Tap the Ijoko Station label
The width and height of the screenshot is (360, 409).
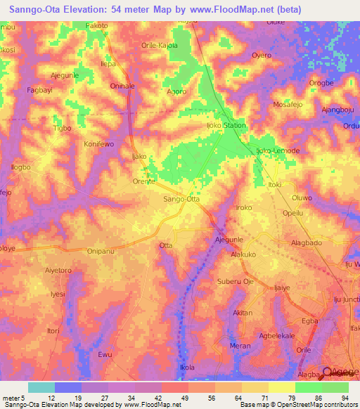[x=226, y=126]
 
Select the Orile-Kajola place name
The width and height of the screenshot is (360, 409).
[x=160, y=46]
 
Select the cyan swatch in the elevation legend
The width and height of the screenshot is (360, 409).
[x=41, y=387]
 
